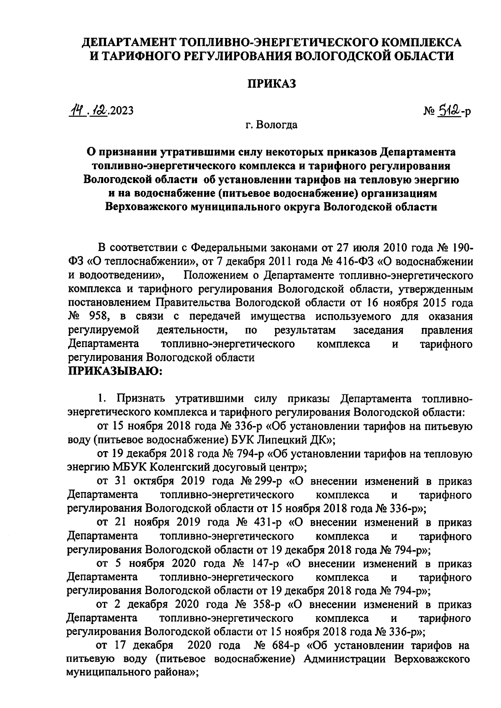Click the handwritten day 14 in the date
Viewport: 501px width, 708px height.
pyautogui.click(x=76, y=110)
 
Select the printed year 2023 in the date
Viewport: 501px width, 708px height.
pyautogui.click(x=122, y=111)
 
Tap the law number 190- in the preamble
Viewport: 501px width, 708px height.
pyautogui.click(x=462, y=248)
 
